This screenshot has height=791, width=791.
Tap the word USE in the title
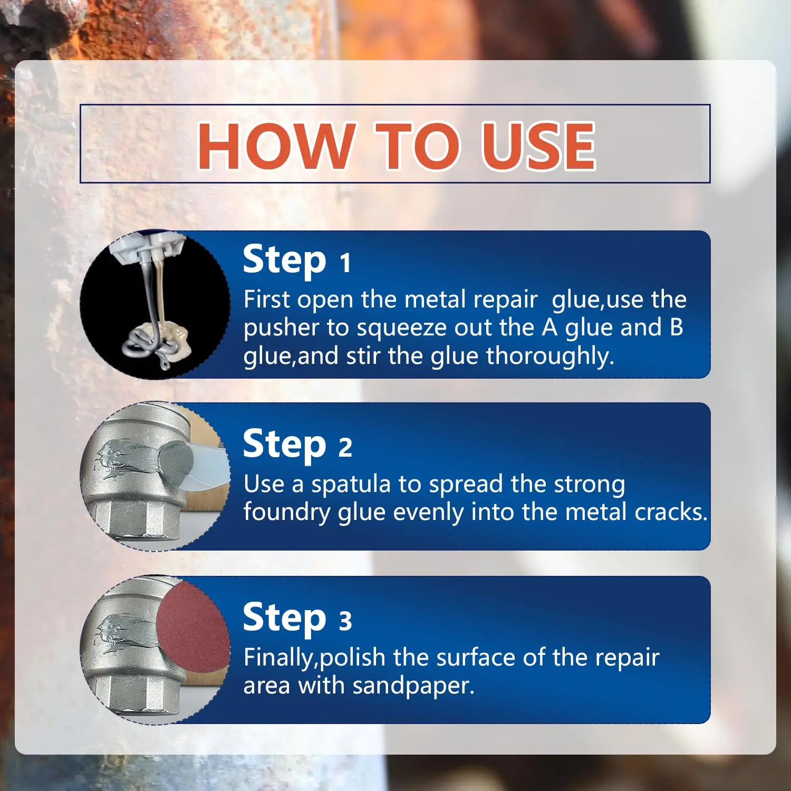coord(538,146)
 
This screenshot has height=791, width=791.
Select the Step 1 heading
coord(296,260)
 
